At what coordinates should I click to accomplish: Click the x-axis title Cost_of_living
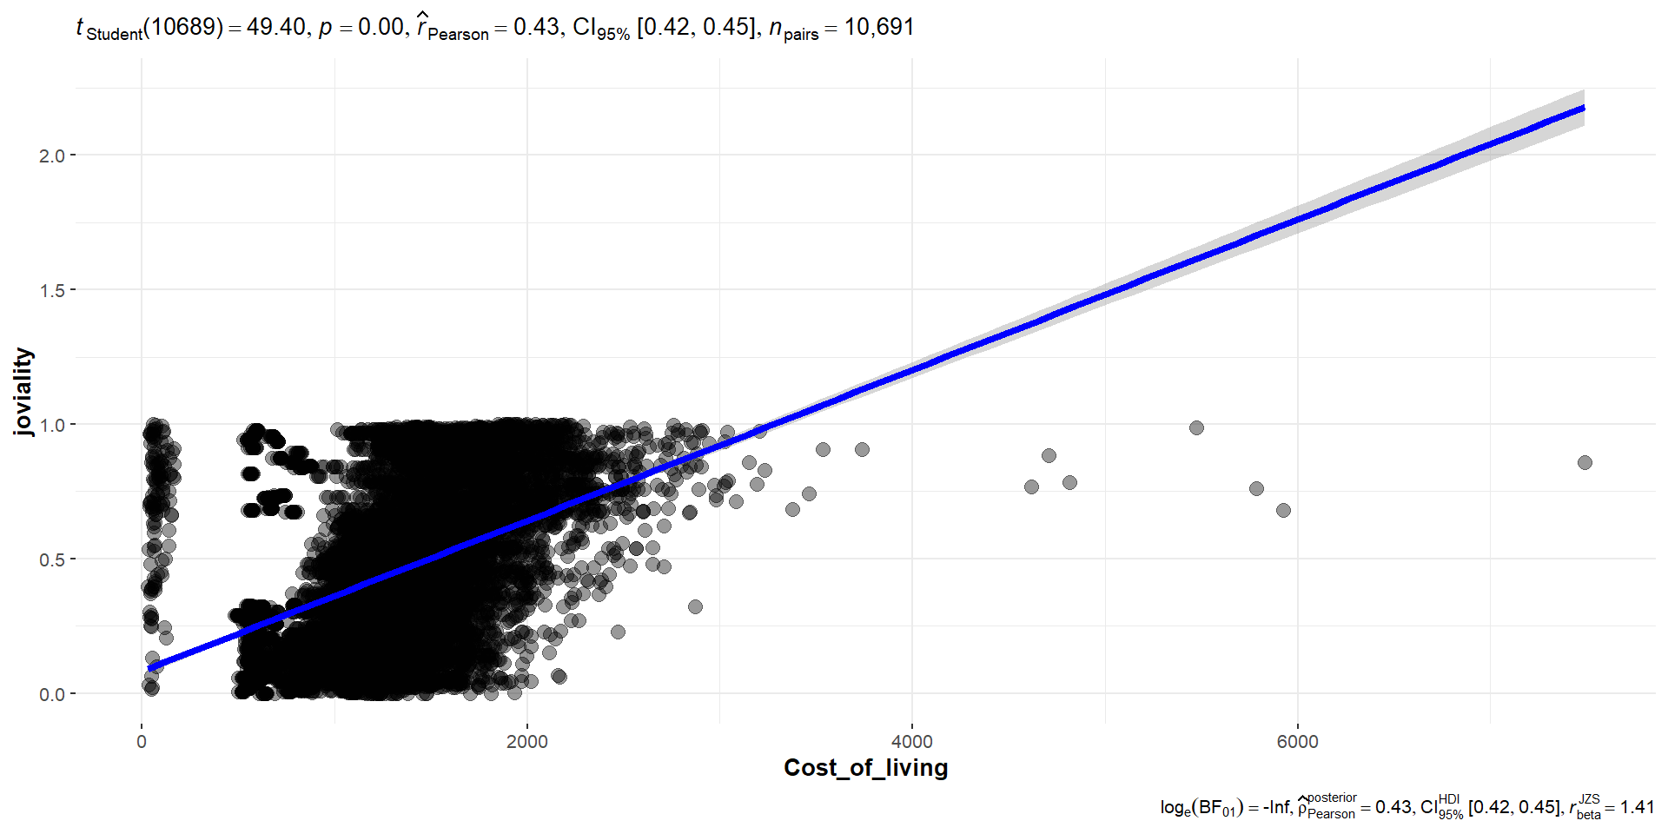865,768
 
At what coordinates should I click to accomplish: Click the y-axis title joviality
23,391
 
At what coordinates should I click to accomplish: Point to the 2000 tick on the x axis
527,742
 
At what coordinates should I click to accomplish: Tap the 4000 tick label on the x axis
912,742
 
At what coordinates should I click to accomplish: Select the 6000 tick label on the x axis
1297,742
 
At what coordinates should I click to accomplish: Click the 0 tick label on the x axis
142,742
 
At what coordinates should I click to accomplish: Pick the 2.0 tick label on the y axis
51,156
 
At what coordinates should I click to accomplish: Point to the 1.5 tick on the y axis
51,290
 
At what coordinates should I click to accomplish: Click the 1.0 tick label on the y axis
51,425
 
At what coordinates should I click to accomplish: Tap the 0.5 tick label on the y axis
51,559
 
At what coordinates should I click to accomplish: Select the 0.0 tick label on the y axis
51,694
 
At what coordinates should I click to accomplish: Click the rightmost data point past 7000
1585,462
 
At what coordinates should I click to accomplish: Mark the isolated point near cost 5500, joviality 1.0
1196,427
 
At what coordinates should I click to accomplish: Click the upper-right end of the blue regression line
1583,109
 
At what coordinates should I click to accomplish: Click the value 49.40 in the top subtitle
275,27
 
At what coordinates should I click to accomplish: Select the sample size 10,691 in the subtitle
879,27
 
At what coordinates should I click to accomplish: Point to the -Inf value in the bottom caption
1277,807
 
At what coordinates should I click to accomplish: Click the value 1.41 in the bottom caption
1637,807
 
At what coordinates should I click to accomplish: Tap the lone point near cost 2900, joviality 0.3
695,606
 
